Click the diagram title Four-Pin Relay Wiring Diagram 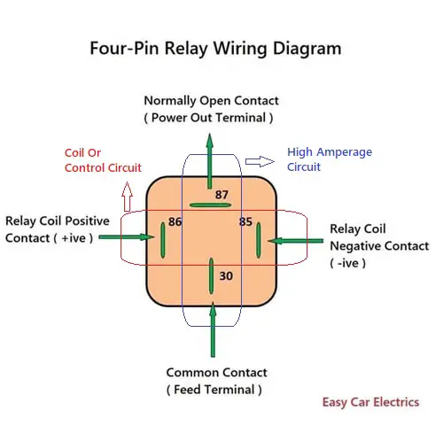[x=215, y=48]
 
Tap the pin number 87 [x=221, y=194]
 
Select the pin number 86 [x=175, y=221]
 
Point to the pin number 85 [x=245, y=221]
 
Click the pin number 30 [x=226, y=276]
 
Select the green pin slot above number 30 [x=211, y=275]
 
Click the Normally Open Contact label [x=211, y=101]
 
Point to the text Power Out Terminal [x=208, y=118]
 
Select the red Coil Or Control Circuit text [x=103, y=159]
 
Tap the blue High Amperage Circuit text [x=330, y=159]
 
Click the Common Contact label [x=214, y=373]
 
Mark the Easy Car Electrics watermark [x=369, y=402]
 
